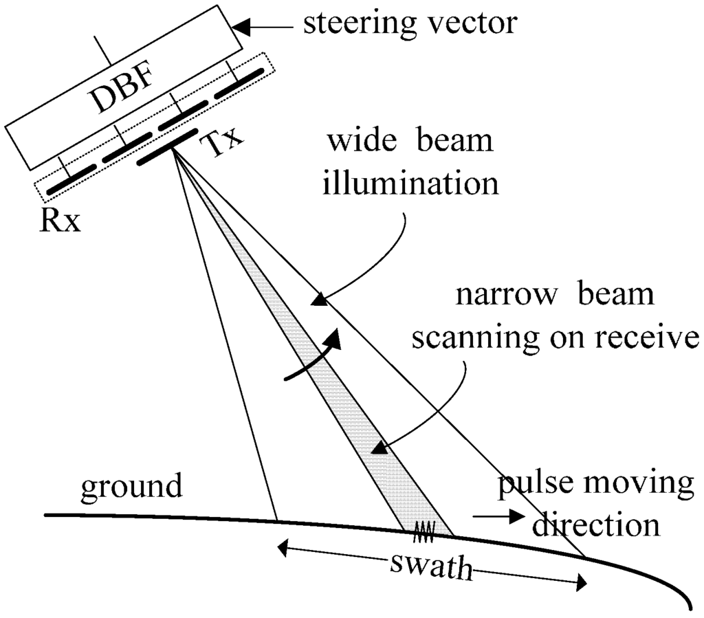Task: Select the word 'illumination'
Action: click(x=410, y=184)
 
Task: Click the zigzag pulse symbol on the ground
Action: click(x=423, y=529)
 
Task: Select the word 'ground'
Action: click(x=132, y=487)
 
